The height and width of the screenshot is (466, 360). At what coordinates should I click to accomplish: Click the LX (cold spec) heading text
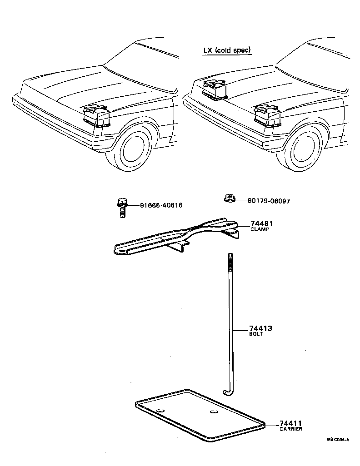point(227,50)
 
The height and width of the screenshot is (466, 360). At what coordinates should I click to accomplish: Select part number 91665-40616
point(161,205)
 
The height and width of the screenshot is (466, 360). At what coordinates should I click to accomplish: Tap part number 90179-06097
point(269,201)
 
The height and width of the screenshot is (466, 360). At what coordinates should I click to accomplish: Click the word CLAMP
point(260,230)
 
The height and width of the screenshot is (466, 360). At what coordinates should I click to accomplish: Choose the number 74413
point(260,328)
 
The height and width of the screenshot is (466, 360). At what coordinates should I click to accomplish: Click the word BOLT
point(256,334)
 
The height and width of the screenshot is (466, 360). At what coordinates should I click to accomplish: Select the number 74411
point(291,423)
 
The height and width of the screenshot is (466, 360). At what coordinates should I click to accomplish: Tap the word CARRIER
point(291,429)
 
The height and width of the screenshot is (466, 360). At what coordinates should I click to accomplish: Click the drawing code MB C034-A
point(338,440)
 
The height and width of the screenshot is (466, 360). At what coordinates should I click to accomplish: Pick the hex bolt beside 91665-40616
point(121,208)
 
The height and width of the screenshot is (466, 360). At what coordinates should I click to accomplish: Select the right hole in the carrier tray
point(214,412)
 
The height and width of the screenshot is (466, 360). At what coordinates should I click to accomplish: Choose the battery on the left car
point(97,116)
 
